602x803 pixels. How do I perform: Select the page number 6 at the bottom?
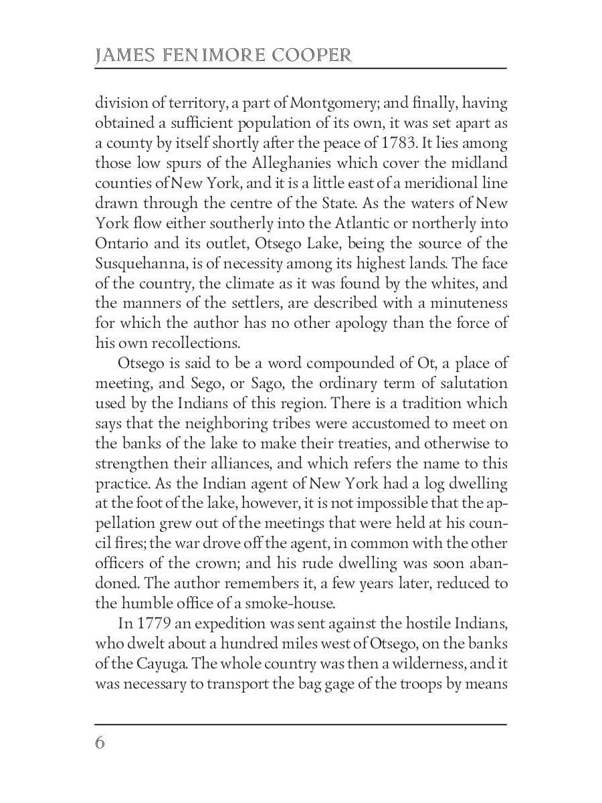[x=100, y=743]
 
